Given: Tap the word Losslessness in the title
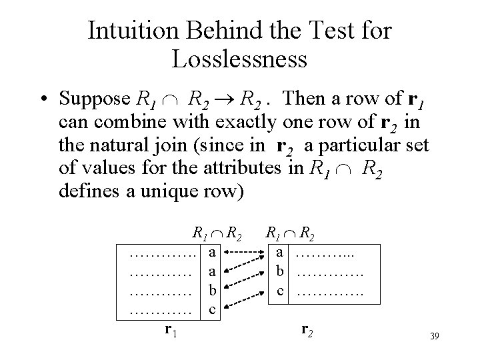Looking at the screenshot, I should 239,59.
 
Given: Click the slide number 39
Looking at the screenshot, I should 435,339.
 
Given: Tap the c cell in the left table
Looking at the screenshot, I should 211,309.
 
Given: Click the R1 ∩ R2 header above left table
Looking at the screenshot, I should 216,233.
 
